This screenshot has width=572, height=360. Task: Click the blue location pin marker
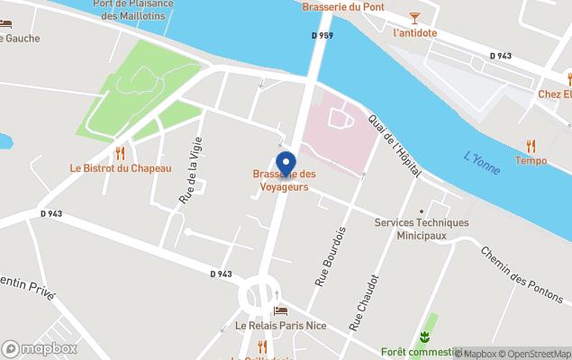coord(286,165)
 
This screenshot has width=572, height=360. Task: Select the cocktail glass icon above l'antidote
coord(414,17)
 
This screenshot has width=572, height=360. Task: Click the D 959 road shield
coord(322,35)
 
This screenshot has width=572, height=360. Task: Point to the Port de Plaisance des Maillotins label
coord(133,10)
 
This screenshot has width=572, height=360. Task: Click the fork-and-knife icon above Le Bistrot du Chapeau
coord(120,153)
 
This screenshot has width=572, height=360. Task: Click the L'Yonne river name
coord(482,163)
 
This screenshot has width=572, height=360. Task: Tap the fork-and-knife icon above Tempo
coord(531,146)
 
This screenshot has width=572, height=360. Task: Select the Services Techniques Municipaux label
coord(421,229)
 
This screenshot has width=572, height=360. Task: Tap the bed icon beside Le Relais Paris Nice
coord(280,310)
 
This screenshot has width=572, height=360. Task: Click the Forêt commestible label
coord(420,352)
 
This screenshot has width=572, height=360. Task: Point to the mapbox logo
coord(40,348)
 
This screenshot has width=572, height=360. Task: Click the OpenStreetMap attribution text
coord(535,354)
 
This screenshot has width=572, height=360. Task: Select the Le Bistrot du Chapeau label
coord(120,168)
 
